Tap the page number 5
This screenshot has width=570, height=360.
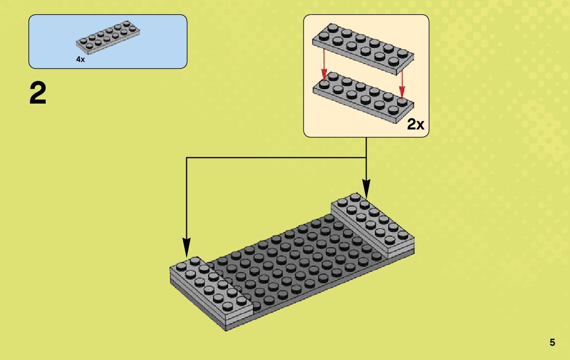click(x=552, y=343)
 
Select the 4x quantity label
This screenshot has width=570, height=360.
click(x=80, y=59)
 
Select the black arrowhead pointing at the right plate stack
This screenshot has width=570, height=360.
click(x=366, y=191)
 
